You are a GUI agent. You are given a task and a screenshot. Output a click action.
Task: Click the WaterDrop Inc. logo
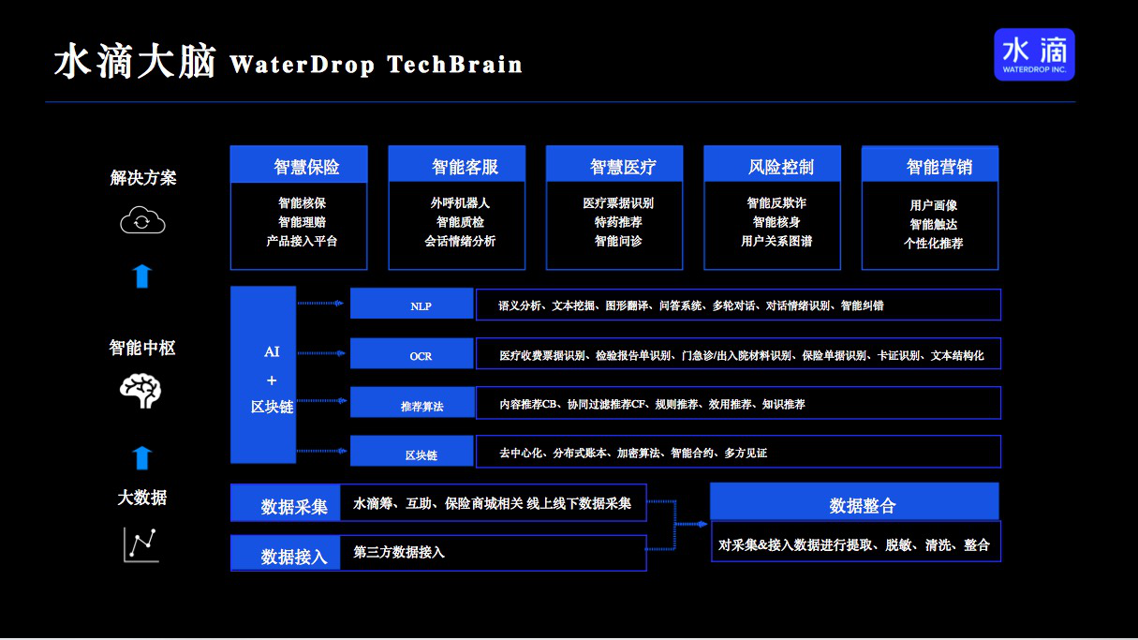(1034, 54)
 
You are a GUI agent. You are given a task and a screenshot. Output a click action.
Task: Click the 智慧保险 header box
(299, 166)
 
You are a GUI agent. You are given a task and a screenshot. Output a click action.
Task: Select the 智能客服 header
(457, 166)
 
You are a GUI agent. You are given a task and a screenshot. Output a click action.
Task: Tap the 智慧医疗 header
(614, 166)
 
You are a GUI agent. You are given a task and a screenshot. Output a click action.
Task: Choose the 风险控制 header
(773, 166)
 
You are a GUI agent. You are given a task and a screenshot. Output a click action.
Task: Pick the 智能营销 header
(930, 166)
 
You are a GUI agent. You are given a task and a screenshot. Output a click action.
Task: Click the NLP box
(411, 305)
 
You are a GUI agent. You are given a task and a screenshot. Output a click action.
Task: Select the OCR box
(411, 354)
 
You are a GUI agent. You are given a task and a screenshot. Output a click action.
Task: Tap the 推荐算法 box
(411, 403)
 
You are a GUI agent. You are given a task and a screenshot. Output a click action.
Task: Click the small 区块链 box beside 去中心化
(411, 452)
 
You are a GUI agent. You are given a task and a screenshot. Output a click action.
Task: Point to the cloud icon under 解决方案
(142, 221)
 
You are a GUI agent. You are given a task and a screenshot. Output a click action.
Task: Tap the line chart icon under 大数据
(141, 544)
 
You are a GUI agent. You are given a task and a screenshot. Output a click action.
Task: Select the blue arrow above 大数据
(142, 457)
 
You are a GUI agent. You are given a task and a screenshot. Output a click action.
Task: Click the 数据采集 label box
(286, 503)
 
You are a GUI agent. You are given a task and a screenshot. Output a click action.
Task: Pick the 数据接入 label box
(286, 553)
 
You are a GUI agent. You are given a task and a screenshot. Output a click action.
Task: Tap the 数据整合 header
(854, 502)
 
